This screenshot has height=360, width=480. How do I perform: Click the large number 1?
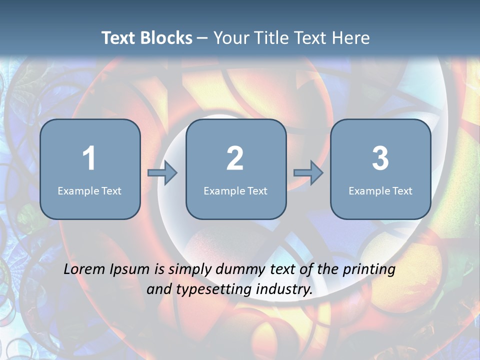(x=89, y=158)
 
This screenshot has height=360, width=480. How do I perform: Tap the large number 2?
(x=235, y=158)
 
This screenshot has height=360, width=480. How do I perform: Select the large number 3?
(x=380, y=158)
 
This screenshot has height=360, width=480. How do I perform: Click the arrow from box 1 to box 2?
(x=162, y=173)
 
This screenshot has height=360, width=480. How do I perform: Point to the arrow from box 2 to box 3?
(x=308, y=173)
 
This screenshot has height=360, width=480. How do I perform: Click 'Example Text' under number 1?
(x=89, y=191)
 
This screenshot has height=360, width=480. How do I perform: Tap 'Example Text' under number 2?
(x=235, y=191)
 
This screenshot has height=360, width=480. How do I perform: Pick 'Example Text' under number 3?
(x=380, y=191)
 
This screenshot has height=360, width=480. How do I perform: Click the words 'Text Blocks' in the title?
(x=147, y=38)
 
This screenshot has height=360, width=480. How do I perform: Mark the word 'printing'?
(x=369, y=270)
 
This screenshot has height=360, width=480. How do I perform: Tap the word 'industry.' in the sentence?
(x=284, y=289)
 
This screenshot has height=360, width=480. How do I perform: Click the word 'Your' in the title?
(x=230, y=38)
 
